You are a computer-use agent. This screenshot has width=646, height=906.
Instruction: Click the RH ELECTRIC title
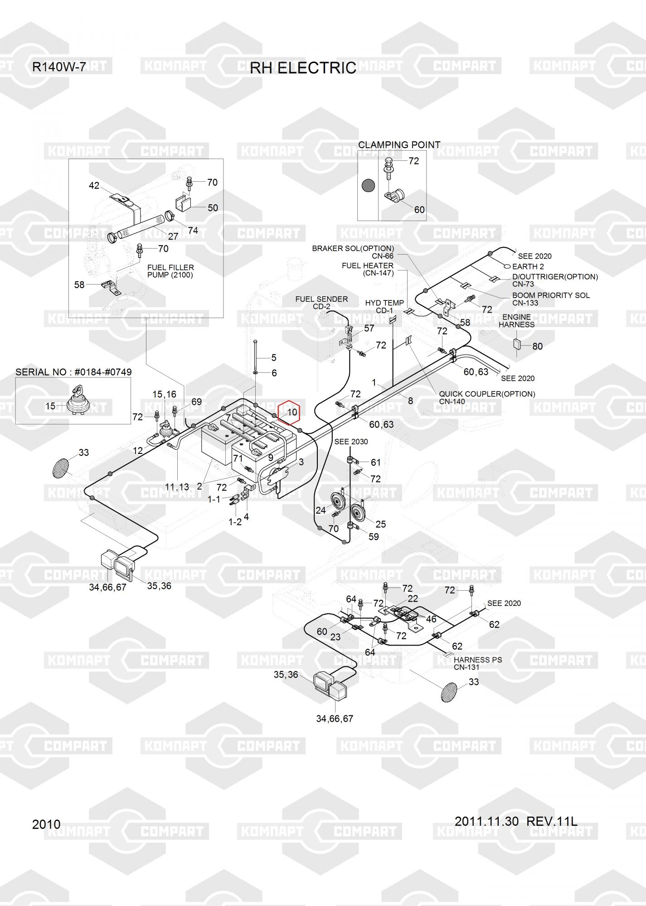[303, 68]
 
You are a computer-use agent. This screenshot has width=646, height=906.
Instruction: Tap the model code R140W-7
[58, 67]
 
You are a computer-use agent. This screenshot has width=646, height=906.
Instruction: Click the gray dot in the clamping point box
[368, 185]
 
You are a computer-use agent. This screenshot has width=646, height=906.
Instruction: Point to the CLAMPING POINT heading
[399, 145]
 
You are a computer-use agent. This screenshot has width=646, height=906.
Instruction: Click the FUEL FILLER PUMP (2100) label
[170, 271]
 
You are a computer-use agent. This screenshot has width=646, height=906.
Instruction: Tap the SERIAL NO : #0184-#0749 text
[73, 372]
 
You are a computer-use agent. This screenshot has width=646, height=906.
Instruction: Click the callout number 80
[537, 347]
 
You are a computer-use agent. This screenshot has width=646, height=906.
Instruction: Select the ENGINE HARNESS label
[516, 321]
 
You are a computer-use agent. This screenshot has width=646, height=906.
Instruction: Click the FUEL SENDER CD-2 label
[321, 303]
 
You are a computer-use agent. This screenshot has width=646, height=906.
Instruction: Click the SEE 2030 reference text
[351, 442]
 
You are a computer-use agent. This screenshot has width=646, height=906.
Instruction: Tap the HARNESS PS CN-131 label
[477, 663]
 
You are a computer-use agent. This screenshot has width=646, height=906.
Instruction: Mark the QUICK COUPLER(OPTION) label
[487, 394]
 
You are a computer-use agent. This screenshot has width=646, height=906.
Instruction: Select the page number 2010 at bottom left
[46, 824]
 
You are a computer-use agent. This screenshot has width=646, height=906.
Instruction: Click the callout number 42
[94, 186]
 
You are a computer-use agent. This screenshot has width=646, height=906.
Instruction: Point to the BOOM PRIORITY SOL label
[551, 295]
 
